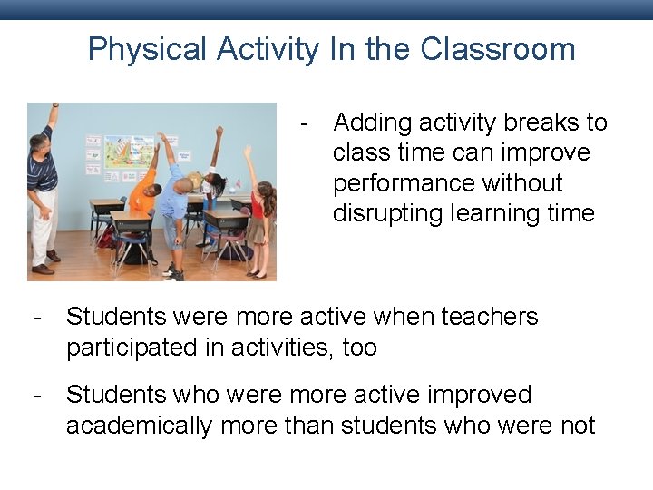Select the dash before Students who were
(37, 396)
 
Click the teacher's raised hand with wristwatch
(54, 110)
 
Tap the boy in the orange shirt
(142, 194)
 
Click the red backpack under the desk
(106, 238)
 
